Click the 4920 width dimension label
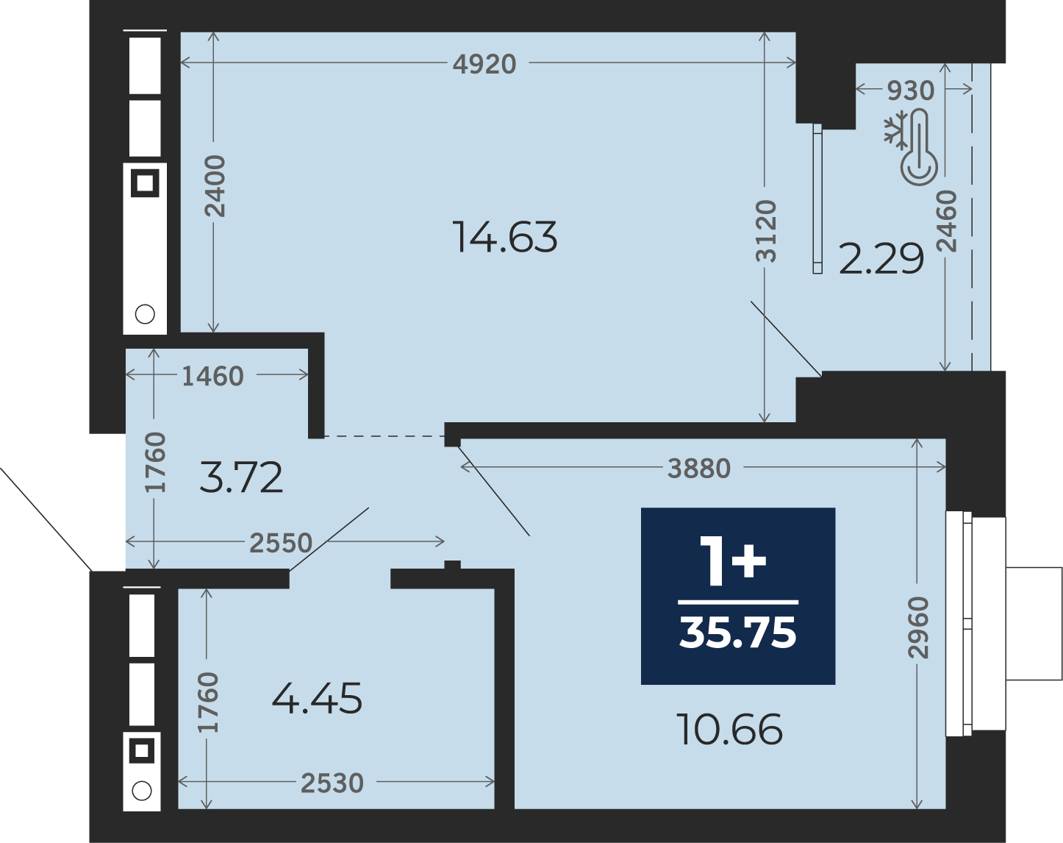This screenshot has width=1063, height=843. tap(484, 64)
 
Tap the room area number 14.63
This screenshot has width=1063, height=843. tap(505, 238)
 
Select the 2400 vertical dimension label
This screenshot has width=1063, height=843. tap(215, 186)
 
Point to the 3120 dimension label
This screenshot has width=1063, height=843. tap(766, 231)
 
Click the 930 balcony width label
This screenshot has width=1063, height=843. tap(911, 90)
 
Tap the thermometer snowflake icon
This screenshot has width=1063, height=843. tap(910, 147)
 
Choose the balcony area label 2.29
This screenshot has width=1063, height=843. tap(881, 259)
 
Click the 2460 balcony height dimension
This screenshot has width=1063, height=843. tap(946, 221)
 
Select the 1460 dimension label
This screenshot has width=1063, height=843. tap(213, 376)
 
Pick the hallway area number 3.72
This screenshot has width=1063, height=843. tap(241, 477)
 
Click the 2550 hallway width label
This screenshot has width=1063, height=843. tap(281, 543)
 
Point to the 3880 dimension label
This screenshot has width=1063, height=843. tap(699, 469)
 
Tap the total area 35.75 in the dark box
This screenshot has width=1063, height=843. tap(738, 633)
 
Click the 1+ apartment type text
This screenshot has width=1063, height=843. tap(733, 561)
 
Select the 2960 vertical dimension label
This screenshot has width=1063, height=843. tap(918, 627)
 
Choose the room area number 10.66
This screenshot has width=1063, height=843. tap(729, 729)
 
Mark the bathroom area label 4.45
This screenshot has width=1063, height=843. tap(317, 698)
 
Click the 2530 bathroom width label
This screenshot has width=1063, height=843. tap(332, 783)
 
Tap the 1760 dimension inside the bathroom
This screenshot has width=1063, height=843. tap(207, 702)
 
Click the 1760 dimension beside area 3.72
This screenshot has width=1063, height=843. tap(155, 462)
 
